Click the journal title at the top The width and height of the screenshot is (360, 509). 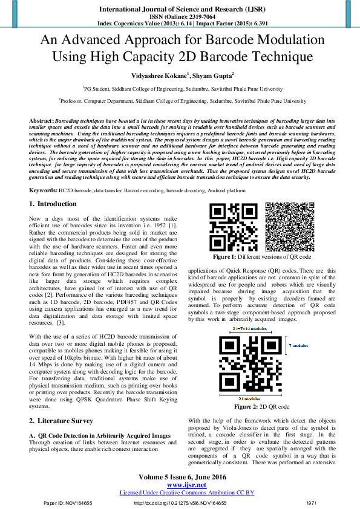point(179,10)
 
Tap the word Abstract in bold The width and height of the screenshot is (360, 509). point(41,122)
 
